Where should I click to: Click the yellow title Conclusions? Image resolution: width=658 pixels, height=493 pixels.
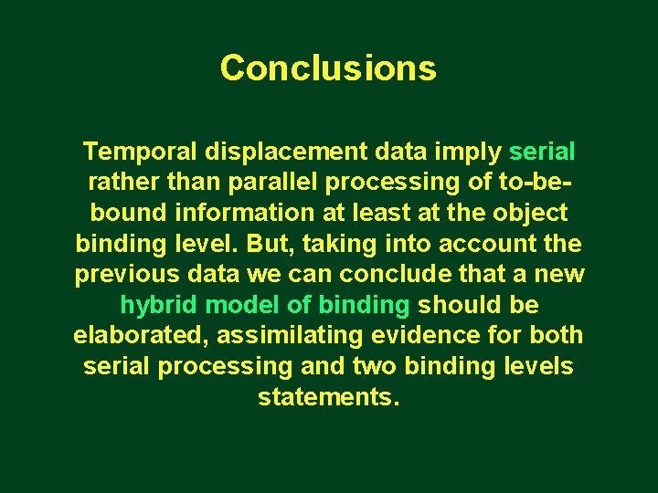tap(328, 68)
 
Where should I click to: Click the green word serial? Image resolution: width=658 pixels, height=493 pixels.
tap(542, 151)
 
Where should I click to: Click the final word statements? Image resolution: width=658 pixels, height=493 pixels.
tap(328, 398)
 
